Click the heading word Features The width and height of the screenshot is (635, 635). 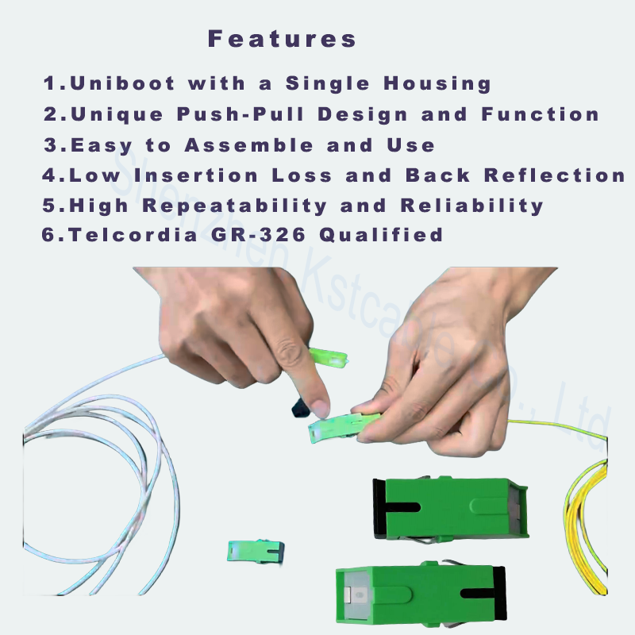point(282,39)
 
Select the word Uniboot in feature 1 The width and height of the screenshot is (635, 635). point(122,83)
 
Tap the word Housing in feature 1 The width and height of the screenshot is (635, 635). point(437,84)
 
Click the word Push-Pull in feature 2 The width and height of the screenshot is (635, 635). point(241,114)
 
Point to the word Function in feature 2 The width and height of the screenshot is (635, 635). point(541,114)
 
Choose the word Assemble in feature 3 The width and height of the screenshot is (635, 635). point(248,145)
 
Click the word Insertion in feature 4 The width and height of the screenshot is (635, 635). point(195,175)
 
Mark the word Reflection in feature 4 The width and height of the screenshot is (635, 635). point(555,175)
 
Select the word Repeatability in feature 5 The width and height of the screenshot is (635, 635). point(234,206)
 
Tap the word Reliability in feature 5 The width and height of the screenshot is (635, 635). point(471,206)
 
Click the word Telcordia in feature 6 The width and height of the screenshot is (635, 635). point(133,235)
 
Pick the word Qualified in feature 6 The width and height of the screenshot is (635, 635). point(381,235)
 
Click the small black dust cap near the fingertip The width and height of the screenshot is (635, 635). point(300,408)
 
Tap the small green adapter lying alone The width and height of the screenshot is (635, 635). point(256,551)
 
